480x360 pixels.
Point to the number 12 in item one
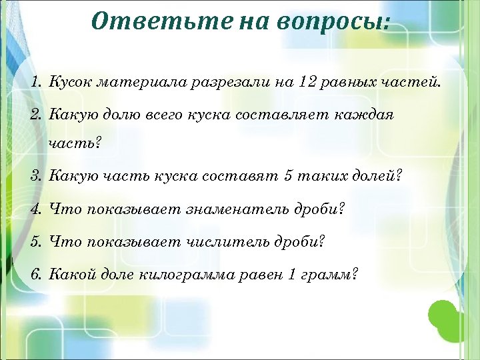pos(307,83)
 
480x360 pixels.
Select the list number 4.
pos(36,210)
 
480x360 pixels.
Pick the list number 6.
pos(36,273)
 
